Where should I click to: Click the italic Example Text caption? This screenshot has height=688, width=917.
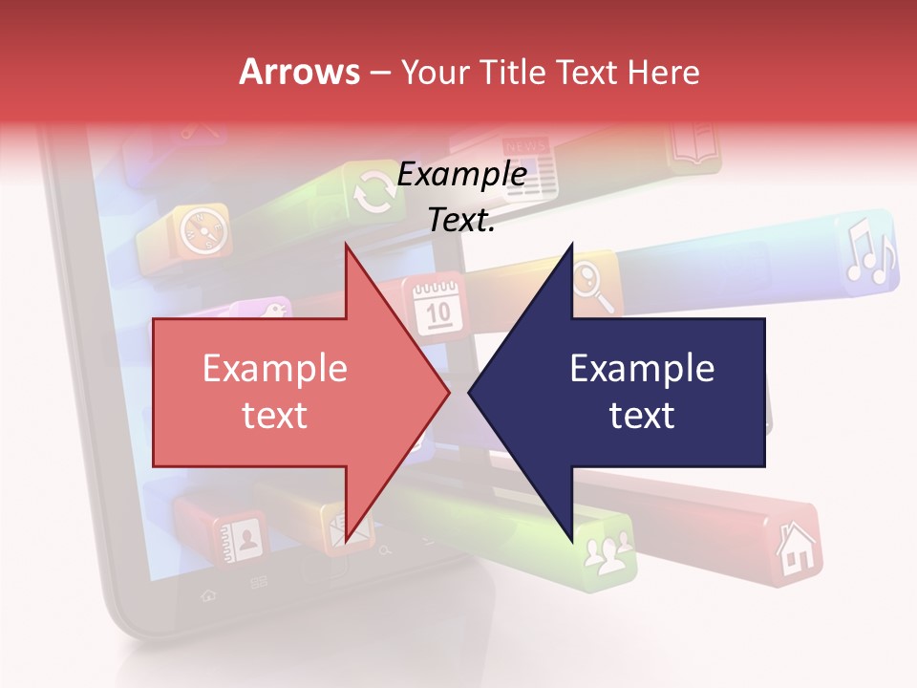point(461,197)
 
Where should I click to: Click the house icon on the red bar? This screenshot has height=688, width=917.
point(792,549)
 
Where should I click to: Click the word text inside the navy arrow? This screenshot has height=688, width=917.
point(642,415)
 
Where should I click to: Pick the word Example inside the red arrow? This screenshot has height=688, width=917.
point(275,369)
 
